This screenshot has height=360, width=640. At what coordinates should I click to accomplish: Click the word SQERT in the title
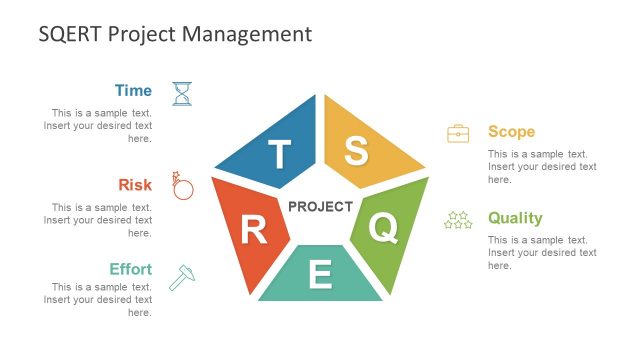[x=70, y=34]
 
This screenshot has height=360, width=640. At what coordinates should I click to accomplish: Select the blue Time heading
[x=133, y=91]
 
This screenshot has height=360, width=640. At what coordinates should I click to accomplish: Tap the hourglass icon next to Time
[x=182, y=94]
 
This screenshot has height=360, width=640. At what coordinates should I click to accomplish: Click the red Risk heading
[x=135, y=184]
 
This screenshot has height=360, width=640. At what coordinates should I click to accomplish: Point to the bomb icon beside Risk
[x=182, y=186]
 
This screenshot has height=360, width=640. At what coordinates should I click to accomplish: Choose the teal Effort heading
[x=130, y=269]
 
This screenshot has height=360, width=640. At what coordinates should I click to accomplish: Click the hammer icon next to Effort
[x=182, y=277]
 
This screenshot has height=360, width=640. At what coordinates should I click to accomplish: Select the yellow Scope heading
[x=511, y=132]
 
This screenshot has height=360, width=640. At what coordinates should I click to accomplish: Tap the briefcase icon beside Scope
[x=458, y=133]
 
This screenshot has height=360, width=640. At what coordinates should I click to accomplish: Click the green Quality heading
[x=515, y=218]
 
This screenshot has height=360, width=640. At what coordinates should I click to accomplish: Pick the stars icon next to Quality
[x=458, y=219]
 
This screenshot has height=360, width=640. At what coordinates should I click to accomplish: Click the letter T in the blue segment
[x=280, y=154]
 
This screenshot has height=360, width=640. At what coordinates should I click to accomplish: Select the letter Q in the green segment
[x=383, y=228]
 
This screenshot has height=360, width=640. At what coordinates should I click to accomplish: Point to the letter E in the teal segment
[x=320, y=274]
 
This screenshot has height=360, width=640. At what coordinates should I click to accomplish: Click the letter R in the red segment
[x=253, y=230]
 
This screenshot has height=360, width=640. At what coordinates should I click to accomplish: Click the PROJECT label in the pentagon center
[x=320, y=207]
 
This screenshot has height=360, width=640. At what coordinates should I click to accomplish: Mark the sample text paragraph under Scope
[x=542, y=167]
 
